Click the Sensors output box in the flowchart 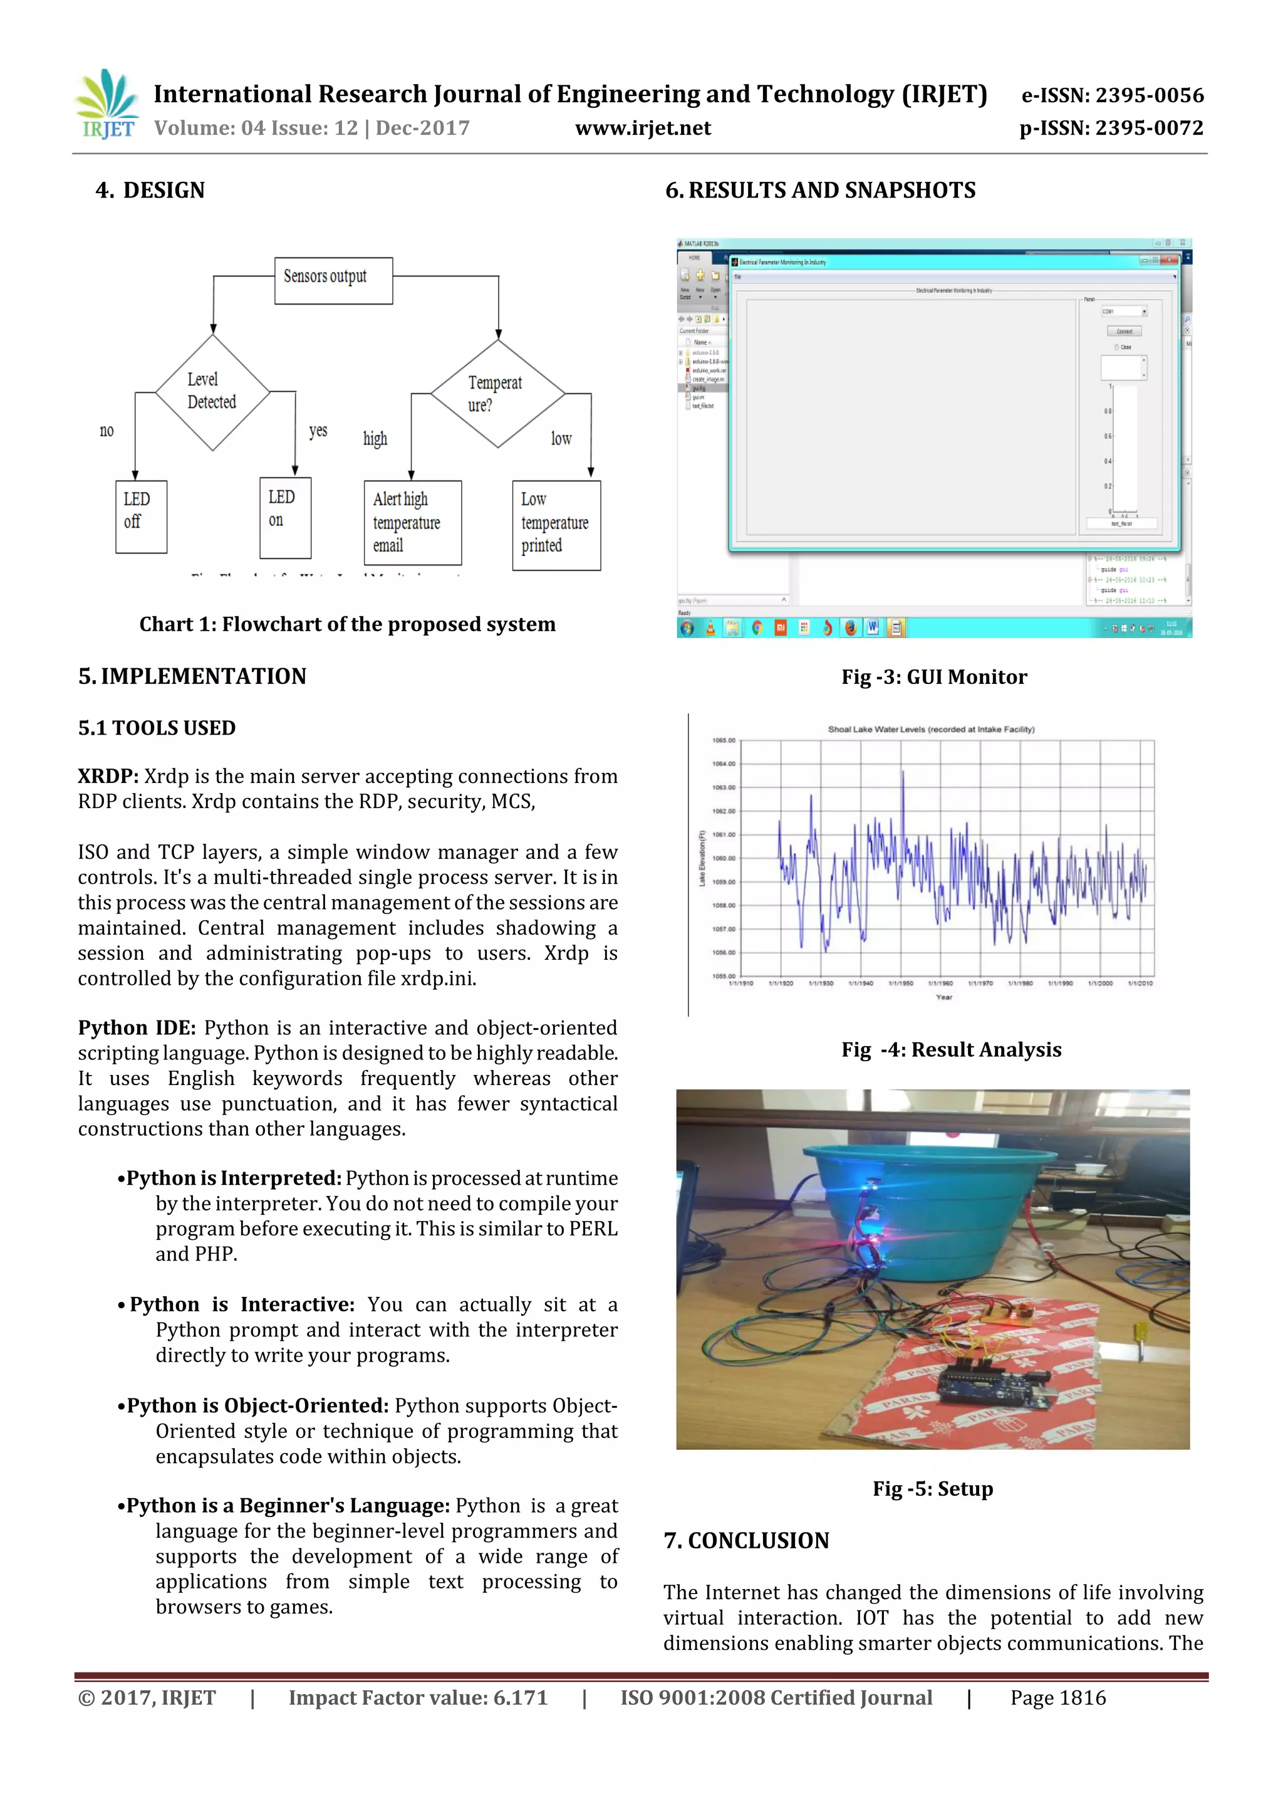[333, 280]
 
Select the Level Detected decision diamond [212, 392]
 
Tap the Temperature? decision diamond [497, 393]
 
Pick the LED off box [141, 516]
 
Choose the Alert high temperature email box [412, 522]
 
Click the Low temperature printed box [556, 525]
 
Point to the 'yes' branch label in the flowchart [318, 430]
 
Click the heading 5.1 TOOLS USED [157, 728]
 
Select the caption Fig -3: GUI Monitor [933, 677]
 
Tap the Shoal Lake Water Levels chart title [930, 729]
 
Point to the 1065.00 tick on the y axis [724, 740]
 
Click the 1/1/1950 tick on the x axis [900, 983]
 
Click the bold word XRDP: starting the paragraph [108, 776]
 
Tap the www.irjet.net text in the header [643, 128]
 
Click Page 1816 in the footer [1057, 1698]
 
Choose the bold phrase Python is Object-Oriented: [257, 1405]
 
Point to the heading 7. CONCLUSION [746, 1540]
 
